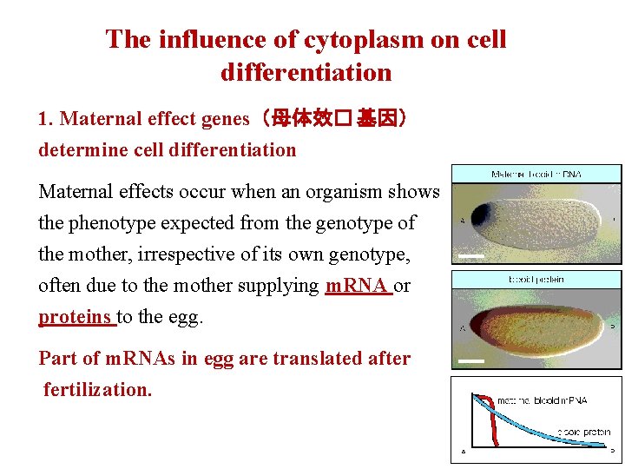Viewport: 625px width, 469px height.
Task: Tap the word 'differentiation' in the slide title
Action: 306,72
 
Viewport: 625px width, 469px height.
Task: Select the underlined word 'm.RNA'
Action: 359,285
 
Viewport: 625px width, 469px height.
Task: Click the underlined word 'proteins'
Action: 77,316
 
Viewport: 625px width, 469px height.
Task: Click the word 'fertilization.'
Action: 98,389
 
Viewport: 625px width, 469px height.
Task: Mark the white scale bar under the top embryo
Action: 471,255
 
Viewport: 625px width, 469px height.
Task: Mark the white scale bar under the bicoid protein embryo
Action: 471,360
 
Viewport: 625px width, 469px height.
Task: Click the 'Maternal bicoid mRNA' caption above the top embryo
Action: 536,174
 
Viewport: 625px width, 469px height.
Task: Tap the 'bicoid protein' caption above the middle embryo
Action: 536,279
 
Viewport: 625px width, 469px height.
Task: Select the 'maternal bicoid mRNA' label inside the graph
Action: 542,400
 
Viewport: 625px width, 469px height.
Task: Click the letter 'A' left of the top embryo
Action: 461,220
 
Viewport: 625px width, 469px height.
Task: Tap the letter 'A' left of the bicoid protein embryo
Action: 461,327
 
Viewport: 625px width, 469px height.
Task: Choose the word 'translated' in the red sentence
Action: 295,358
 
